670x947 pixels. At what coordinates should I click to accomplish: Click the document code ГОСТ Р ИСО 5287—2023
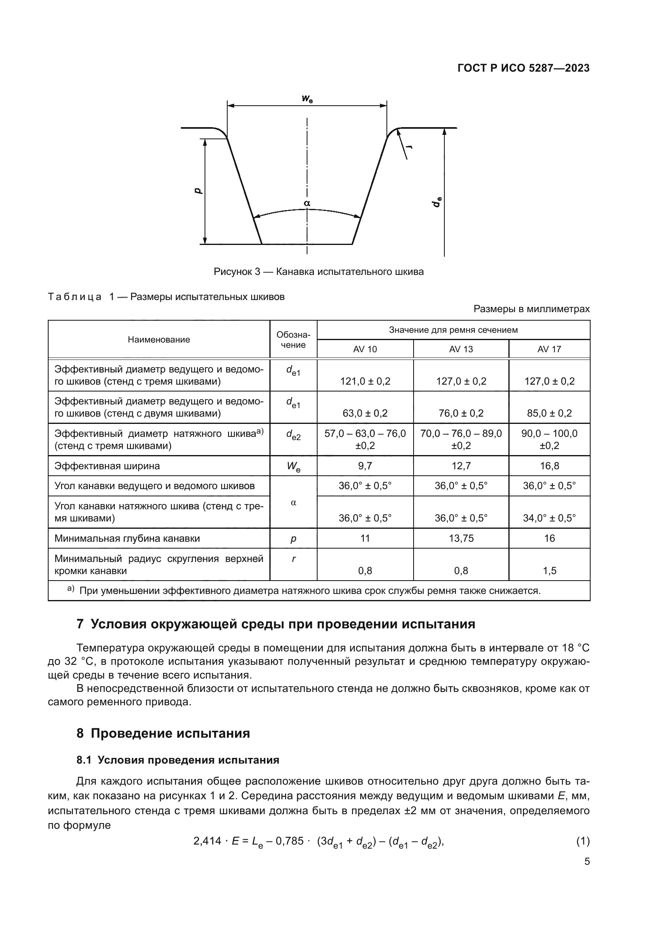tap(523, 68)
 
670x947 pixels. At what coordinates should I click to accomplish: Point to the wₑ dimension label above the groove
tap(307, 98)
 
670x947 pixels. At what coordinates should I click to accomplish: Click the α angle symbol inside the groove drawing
tap(307, 203)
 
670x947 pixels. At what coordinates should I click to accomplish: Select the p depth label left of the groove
tap(198, 190)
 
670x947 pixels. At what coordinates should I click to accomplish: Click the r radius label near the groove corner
tap(410, 147)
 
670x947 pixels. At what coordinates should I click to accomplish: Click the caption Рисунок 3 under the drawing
tap(318, 272)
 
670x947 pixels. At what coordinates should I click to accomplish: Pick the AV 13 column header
tap(461, 349)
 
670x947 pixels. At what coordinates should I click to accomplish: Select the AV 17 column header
tap(549, 349)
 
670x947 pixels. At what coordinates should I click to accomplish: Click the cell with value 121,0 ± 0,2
tap(365, 381)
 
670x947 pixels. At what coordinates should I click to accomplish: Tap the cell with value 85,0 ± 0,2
tap(549, 413)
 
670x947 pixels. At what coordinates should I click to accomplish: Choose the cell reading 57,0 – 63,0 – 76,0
tap(365, 434)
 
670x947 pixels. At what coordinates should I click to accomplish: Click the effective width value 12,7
tap(461, 466)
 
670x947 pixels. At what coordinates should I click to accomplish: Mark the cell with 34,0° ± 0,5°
tap(549, 518)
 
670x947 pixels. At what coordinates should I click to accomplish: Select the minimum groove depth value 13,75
tap(461, 538)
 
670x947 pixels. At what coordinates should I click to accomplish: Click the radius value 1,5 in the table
tap(549, 571)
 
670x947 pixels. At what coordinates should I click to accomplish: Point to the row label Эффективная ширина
tap(107, 466)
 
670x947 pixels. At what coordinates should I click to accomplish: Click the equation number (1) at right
tap(583, 841)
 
